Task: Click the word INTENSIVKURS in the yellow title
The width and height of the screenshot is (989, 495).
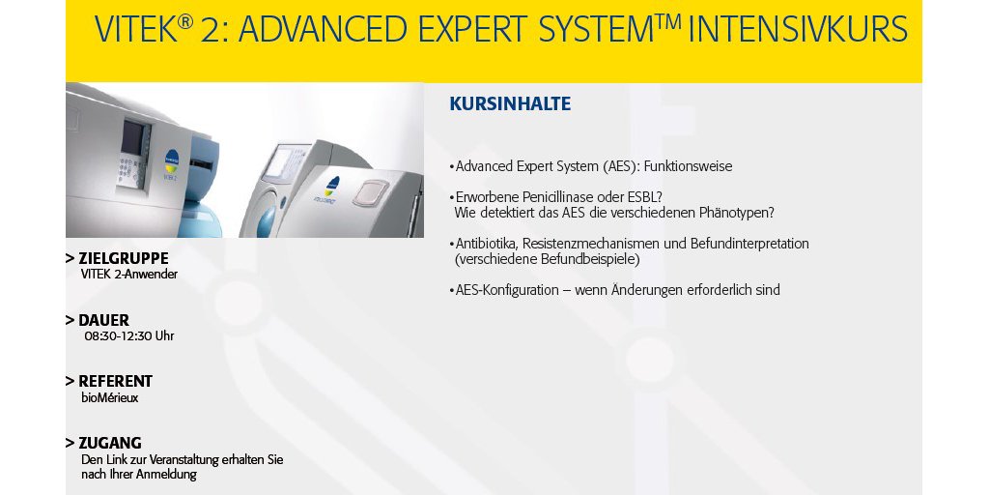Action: pos(798,30)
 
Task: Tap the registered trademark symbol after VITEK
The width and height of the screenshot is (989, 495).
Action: pos(184,22)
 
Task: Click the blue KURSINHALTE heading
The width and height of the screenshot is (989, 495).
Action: pos(510,103)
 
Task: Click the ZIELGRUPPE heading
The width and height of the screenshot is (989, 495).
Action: pos(123,258)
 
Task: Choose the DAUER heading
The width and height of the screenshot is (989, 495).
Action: pos(103,320)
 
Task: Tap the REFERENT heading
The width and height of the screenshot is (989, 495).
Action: pos(116,381)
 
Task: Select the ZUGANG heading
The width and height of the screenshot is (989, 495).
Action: pos(110,443)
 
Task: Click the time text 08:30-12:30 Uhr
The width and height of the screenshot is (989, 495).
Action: pos(129,336)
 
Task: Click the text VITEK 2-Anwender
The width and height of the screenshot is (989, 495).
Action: pos(129,275)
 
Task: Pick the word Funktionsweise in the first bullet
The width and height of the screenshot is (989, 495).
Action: pos(688,167)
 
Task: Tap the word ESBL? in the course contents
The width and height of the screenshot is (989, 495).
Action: pos(640,197)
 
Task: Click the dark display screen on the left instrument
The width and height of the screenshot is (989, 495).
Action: pos(132,137)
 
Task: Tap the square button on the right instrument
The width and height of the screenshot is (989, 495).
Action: pos(371,192)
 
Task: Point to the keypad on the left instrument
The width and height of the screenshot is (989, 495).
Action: pos(128,172)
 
